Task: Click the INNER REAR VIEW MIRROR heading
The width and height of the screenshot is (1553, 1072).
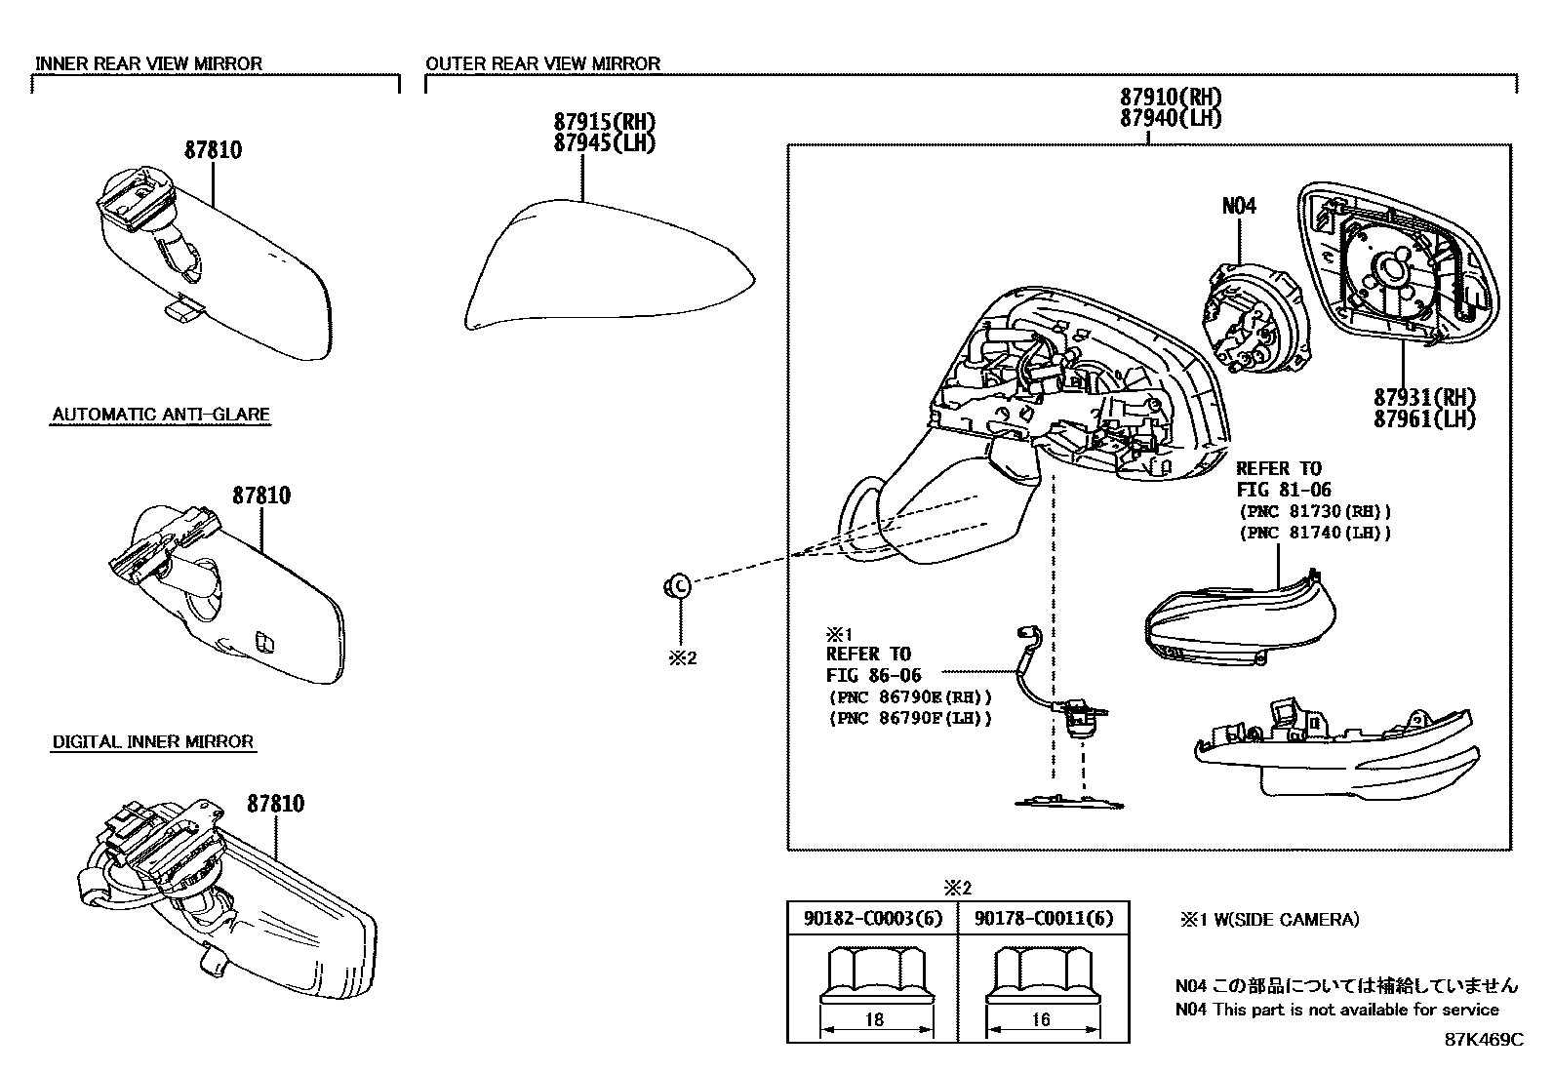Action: tap(148, 63)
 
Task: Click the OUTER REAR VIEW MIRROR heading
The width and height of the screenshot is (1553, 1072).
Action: tap(542, 63)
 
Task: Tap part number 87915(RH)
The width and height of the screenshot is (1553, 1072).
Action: tap(604, 122)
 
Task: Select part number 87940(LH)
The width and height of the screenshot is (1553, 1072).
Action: tap(1171, 118)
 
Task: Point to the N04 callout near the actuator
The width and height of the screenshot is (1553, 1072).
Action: tap(1239, 206)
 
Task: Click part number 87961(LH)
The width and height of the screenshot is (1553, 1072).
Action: tap(1424, 419)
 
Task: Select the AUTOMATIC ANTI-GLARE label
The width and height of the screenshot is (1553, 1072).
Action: tap(160, 415)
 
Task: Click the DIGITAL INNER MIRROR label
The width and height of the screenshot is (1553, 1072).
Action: tap(152, 742)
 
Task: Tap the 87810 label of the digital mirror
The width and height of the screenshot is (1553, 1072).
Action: tap(275, 804)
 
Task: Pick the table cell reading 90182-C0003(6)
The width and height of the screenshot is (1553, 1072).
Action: tap(873, 919)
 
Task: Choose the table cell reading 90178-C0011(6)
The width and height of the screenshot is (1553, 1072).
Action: tap(1043, 919)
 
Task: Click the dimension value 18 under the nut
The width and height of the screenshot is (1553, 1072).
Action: tap(874, 1019)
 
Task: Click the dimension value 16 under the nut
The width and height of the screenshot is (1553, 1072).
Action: tap(1041, 1019)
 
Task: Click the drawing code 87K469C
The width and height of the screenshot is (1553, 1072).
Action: tap(1483, 1039)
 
